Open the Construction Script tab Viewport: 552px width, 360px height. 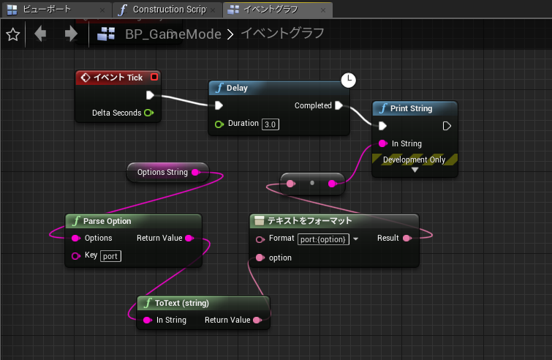tap(167, 10)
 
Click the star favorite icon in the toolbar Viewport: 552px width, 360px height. tap(12, 34)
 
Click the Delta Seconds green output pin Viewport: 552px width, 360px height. tap(149, 113)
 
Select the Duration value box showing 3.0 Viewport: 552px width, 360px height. tap(271, 124)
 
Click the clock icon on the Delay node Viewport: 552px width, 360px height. tap(349, 79)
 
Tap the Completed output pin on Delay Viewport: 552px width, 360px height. tap(339, 105)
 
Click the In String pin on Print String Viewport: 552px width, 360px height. tap(382, 143)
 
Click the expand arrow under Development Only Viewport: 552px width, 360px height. tap(415, 170)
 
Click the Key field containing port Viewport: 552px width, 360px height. tap(110, 256)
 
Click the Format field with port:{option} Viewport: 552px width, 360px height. tap(323, 239)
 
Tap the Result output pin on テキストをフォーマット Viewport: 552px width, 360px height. tap(407, 238)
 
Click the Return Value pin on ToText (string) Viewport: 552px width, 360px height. tap(257, 320)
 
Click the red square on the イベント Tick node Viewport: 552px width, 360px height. tap(154, 77)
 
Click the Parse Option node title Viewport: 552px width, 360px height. tap(108, 220)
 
